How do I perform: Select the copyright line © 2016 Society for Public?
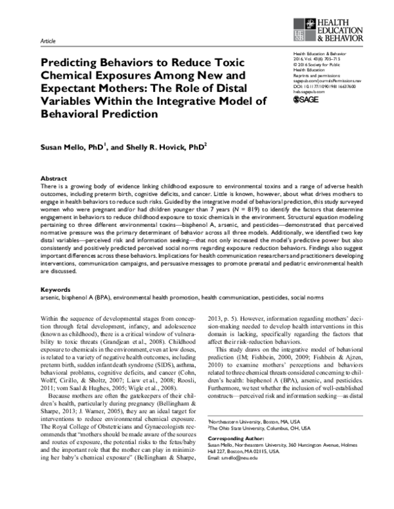(x=317, y=67)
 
